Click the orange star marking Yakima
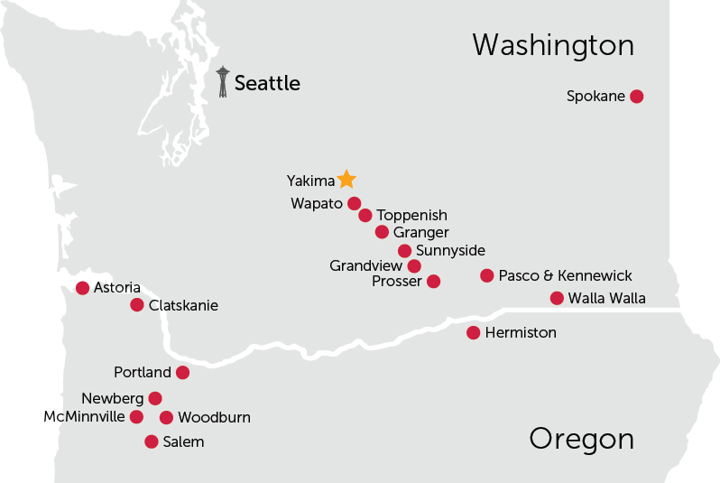click(x=346, y=179)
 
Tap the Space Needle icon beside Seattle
click(x=223, y=81)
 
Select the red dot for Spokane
click(x=636, y=96)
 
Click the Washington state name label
click(x=553, y=45)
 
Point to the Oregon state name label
click(x=581, y=440)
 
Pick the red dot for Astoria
click(x=83, y=288)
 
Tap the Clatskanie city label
click(x=183, y=305)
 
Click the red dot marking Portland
click(x=182, y=372)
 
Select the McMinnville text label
click(x=84, y=416)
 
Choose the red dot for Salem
click(x=152, y=441)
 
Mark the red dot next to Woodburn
click(x=166, y=417)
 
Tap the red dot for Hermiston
click(x=473, y=332)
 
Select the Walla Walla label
click(x=607, y=298)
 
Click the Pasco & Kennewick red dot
click(x=487, y=275)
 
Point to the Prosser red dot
click(x=433, y=281)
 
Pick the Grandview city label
click(x=365, y=265)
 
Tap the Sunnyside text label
click(x=450, y=250)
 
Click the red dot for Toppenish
click(x=365, y=215)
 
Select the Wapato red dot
click(x=354, y=203)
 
